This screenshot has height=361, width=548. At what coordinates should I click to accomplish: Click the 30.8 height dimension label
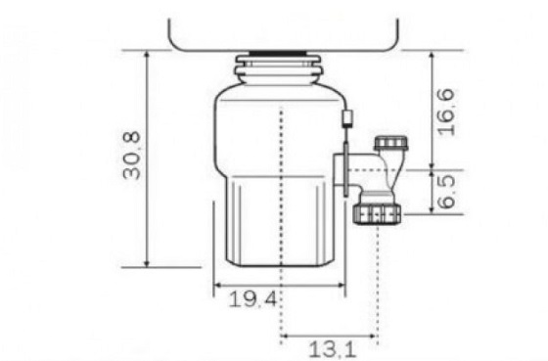pyautogui.click(x=132, y=156)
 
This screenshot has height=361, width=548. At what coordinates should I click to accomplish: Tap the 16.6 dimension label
pyautogui.click(x=446, y=113)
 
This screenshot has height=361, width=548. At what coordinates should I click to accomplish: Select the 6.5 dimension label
pyautogui.click(x=446, y=192)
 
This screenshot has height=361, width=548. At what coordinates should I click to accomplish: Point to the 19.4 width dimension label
pyautogui.click(x=253, y=299)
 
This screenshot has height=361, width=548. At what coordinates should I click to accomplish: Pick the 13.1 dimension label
pyautogui.click(x=333, y=349)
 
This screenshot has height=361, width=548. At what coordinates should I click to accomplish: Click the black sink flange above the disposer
pyautogui.click(x=278, y=54)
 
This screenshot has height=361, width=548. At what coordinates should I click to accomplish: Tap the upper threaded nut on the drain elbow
pyautogui.click(x=390, y=143)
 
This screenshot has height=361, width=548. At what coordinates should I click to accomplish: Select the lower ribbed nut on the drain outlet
pyautogui.click(x=377, y=214)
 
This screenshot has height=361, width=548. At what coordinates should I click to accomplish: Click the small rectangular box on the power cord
pyautogui.click(x=347, y=118)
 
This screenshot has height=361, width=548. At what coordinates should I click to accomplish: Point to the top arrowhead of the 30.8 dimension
pyautogui.click(x=147, y=55)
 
